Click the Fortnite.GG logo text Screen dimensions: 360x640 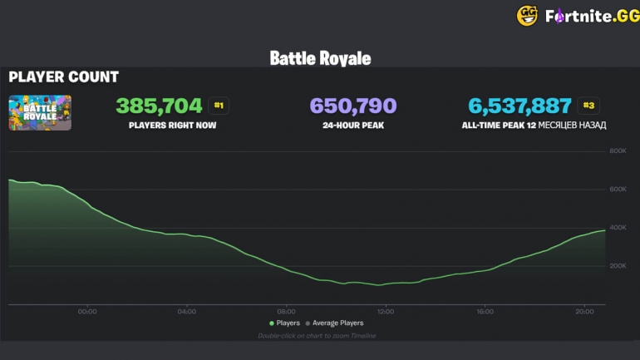tap(591, 16)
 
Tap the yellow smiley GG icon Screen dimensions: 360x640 tap(527, 16)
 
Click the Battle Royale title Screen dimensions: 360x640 tap(320, 58)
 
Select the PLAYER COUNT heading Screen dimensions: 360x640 tap(63, 77)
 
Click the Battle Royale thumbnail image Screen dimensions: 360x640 tap(40, 112)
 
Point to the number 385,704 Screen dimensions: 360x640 tap(159, 106)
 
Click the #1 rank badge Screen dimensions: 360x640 tap(219, 106)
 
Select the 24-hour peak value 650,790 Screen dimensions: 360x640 tap(352, 106)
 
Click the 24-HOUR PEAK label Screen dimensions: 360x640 tap(352, 126)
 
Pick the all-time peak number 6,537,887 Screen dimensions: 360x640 tap(519, 106)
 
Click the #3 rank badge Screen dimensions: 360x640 tap(588, 106)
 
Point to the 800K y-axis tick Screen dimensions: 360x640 tap(618, 151)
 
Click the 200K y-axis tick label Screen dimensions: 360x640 tap(618, 266)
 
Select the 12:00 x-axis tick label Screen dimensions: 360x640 tap(385, 312)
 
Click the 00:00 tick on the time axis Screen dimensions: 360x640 tap(87, 312)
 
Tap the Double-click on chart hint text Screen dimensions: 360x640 tap(317, 335)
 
